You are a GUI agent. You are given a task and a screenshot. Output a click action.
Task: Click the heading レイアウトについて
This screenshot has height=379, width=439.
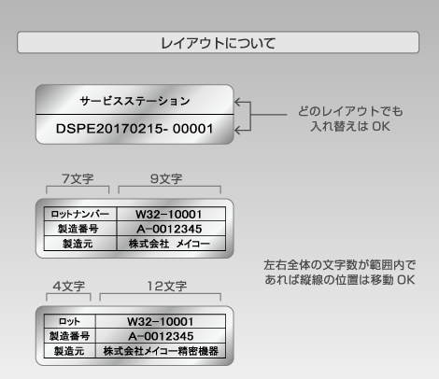[x=218, y=43]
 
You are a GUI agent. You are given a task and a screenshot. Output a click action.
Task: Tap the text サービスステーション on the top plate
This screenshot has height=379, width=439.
[x=135, y=101]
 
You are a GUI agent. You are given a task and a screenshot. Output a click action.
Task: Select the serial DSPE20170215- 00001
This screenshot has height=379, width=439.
[x=135, y=129]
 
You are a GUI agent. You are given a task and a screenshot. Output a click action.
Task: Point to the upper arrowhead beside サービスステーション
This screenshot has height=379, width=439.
[x=237, y=102]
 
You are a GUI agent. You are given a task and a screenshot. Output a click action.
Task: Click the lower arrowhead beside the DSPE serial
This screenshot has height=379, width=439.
[x=237, y=130]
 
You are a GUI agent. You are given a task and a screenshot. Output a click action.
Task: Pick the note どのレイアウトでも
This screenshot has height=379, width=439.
[x=350, y=111]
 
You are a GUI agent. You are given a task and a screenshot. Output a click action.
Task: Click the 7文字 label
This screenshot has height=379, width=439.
[x=78, y=178]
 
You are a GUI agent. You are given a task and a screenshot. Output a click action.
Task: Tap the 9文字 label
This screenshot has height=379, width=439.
[x=166, y=178]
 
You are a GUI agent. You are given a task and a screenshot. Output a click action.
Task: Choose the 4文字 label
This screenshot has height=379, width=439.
[x=69, y=286]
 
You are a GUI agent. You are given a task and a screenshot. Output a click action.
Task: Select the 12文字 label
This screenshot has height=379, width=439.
[x=167, y=286]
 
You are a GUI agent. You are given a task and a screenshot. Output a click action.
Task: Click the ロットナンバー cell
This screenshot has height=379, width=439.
[x=80, y=214]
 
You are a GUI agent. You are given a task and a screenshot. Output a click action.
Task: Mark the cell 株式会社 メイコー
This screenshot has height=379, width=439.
[x=169, y=244]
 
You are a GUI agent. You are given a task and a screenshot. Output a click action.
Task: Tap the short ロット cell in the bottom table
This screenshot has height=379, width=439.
[x=69, y=321]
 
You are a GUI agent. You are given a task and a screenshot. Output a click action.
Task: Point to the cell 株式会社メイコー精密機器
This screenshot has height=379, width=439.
[x=161, y=351]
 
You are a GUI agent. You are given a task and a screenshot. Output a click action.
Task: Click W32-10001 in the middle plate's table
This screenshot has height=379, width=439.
[x=168, y=214]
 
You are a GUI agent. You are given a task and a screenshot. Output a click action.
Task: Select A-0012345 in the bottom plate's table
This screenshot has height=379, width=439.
[x=161, y=336]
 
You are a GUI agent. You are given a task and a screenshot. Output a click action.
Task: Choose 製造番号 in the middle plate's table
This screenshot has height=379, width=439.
[x=78, y=229]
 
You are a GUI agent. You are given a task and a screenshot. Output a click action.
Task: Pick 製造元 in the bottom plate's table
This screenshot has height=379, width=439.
[x=69, y=351]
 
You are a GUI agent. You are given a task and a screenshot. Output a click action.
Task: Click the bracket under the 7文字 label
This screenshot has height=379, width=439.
[x=78, y=187]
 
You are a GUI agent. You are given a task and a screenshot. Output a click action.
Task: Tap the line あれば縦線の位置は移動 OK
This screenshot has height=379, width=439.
[x=340, y=279]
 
